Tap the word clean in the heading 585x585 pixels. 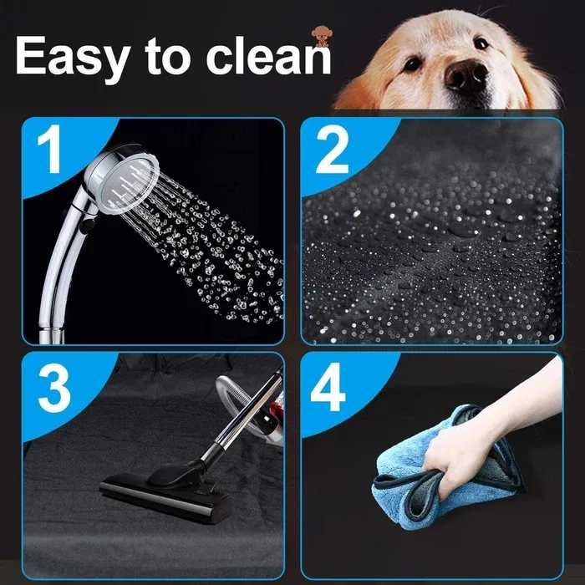click(x=268, y=56)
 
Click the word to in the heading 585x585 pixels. click(x=167, y=57)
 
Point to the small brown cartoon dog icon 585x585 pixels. click(x=322, y=36)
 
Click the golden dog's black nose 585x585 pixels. click(x=466, y=74)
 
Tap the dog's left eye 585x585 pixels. click(x=413, y=64)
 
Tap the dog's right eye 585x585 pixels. click(x=481, y=43)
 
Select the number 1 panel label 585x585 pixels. click(x=50, y=149)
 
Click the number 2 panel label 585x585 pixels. click(x=332, y=150)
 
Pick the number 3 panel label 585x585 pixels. click(x=54, y=388)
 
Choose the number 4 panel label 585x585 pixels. click(x=328, y=387)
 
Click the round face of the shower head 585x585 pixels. click(x=129, y=185)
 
